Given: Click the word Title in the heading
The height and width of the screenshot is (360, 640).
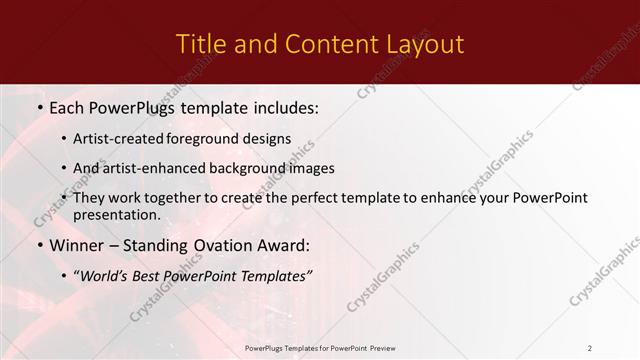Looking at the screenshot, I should coord(200,44).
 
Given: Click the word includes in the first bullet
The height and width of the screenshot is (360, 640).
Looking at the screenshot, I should coord(281,107).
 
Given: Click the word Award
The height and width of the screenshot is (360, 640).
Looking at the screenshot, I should coord(286,245).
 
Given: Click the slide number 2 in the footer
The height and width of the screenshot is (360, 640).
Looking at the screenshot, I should coord(589,347).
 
